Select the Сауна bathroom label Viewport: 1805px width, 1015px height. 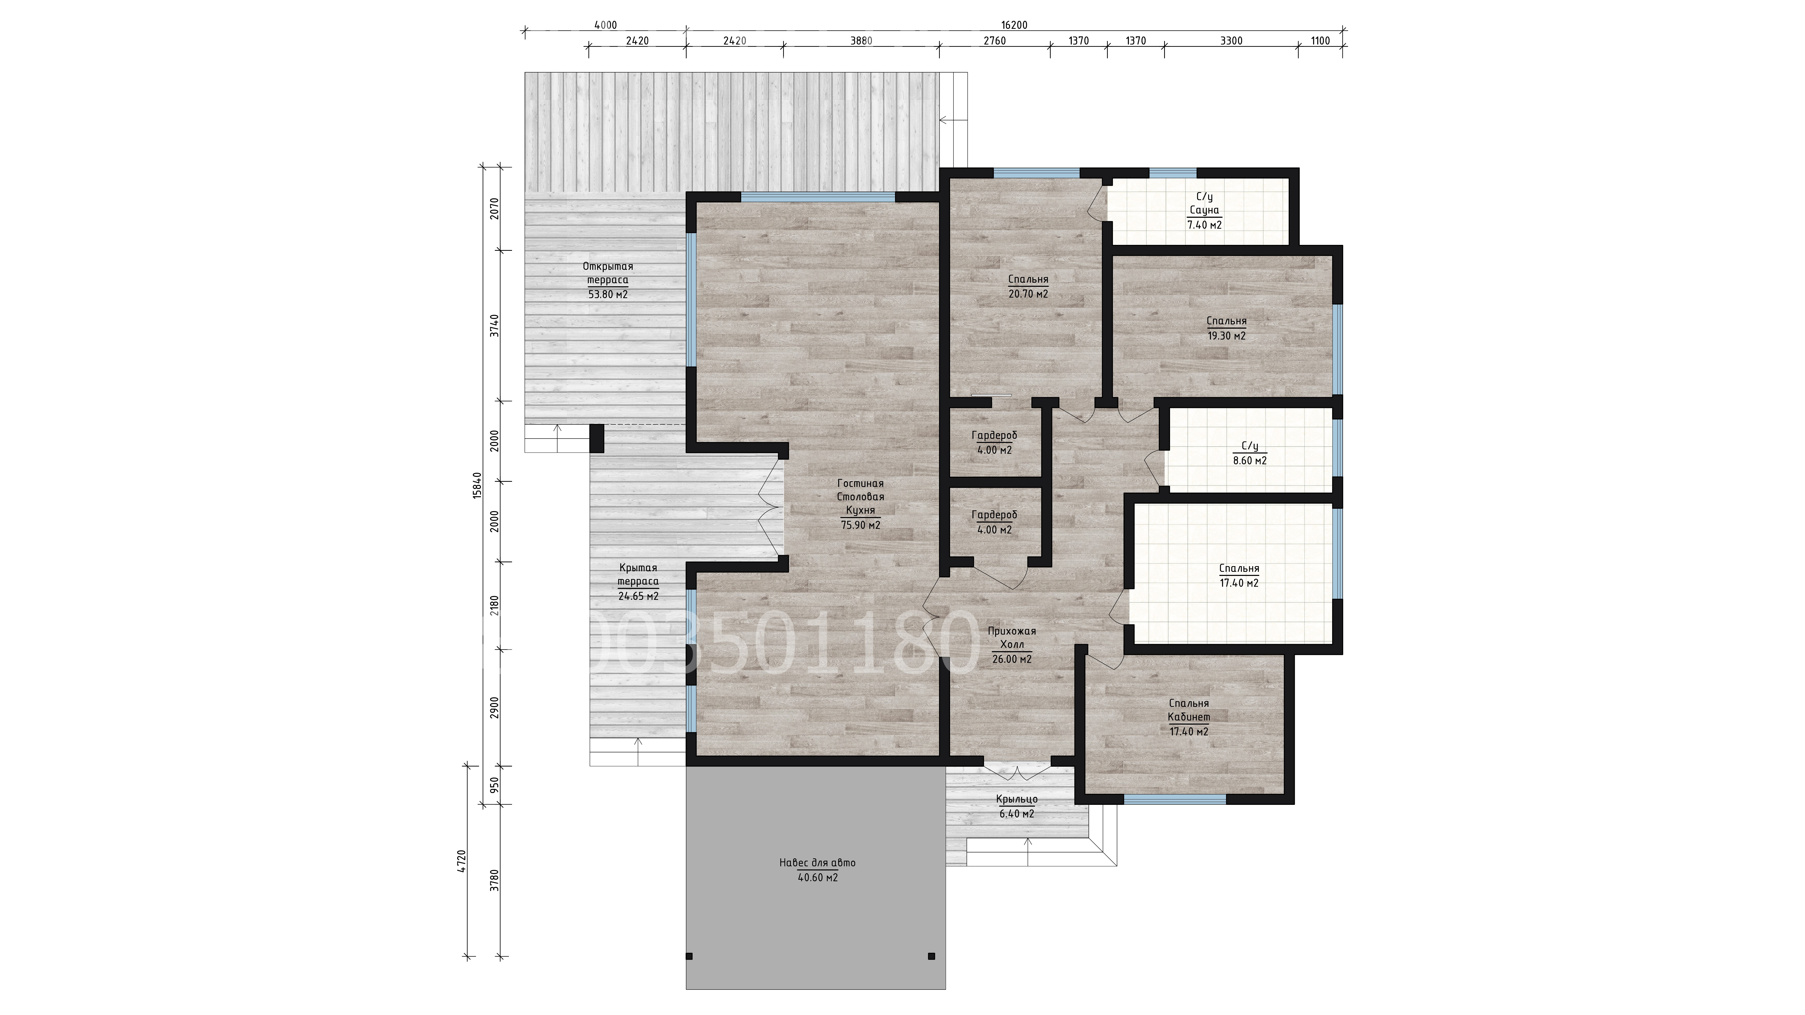click(1205, 210)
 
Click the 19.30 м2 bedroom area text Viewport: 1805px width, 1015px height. click(1226, 336)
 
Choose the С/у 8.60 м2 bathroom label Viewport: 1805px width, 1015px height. click(1250, 453)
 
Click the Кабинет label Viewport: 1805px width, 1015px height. click(1189, 717)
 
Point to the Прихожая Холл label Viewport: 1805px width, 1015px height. click(1012, 637)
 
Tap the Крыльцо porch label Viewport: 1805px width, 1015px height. click(1017, 799)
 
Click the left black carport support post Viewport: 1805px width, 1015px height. click(689, 956)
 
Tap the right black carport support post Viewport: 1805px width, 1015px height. click(931, 956)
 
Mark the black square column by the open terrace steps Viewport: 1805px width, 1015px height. click(597, 439)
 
